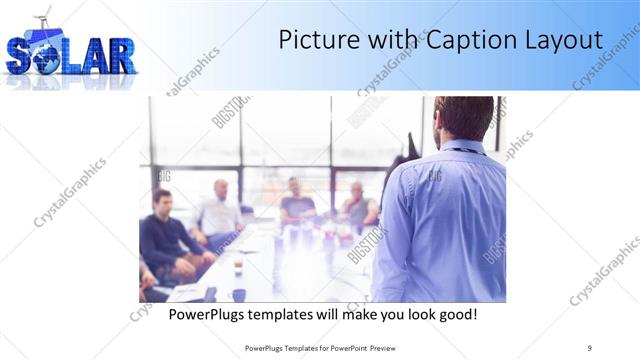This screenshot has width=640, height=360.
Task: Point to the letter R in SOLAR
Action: click(118, 57)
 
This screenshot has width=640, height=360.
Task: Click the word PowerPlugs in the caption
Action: click(207, 314)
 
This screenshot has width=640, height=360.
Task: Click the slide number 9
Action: click(589, 347)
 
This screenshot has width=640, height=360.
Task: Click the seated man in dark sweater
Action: click(164, 235)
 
